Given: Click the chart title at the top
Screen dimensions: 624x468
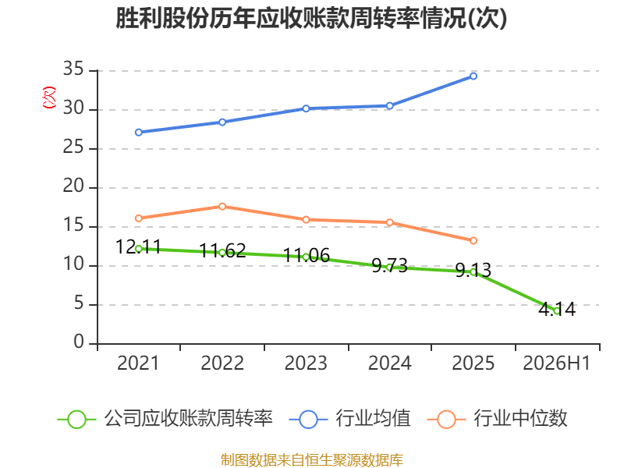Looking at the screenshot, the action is pos(311,18).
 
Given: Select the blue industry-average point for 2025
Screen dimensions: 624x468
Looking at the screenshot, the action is pos(473,76).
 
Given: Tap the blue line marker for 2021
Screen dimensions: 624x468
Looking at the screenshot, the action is pos(139,132).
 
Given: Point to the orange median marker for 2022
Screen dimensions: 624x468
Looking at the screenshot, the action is pos(222,206).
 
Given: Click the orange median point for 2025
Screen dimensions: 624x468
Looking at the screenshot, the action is pos(473,240).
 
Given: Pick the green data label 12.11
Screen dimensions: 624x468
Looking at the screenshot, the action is pos(138,246).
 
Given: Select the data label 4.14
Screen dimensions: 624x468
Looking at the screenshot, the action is pos(557,309).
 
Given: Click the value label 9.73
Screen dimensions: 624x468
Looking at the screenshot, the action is pos(389,265).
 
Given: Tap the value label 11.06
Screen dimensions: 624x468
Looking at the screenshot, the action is pos(306,255).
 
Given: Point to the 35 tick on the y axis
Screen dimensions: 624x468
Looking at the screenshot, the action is pos(73,69).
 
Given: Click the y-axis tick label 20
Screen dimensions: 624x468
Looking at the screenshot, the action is pos(73,186).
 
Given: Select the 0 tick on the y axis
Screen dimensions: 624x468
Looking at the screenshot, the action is pos(79,342).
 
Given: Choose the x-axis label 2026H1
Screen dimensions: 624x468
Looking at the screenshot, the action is pos(556,363).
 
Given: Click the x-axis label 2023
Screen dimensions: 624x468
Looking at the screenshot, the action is pos(306,363).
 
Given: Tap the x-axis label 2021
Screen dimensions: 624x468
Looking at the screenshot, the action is pos(138,363).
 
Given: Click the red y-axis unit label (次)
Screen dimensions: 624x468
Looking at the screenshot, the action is pos(49,97).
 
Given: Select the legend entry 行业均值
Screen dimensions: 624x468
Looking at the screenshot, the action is pos(349,419).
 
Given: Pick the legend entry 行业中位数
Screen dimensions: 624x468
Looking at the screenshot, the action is pos(497,419).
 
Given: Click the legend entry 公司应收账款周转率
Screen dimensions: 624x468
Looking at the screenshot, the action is pos(165,419).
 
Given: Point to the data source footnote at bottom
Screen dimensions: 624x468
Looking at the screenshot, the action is pos(311,460).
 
